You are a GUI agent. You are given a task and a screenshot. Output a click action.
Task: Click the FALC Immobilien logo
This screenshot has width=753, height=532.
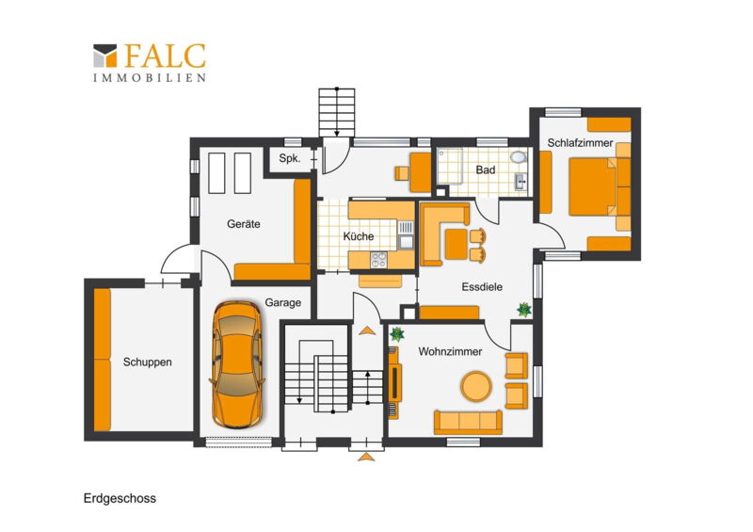point(150,62)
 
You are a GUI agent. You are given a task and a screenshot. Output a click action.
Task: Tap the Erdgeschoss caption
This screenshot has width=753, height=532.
point(120,498)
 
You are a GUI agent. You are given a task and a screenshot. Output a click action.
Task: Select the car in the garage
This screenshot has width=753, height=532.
point(237,364)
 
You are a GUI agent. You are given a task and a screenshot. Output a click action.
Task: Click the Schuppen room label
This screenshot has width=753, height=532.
point(148,362)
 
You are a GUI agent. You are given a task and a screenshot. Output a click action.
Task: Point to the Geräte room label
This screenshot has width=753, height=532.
point(244,223)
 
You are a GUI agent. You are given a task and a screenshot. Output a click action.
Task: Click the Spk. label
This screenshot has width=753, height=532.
point(290,158)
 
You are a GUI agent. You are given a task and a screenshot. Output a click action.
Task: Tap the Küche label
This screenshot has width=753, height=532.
point(359,236)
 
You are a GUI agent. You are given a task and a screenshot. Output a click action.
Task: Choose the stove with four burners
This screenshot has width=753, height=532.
point(378,260)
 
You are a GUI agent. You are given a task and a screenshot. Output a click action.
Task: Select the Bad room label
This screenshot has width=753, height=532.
point(486,169)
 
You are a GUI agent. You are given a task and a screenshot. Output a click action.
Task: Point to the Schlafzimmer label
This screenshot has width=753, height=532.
point(580,143)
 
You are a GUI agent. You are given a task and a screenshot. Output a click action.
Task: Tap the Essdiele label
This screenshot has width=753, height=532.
point(482,287)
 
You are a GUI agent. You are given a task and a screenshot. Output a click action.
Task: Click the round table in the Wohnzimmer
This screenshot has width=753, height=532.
point(476,386)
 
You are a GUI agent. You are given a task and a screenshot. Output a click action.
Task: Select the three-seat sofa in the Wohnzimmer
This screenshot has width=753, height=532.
point(468,422)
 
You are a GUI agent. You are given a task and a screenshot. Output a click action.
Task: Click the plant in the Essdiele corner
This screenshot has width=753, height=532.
point(524,310)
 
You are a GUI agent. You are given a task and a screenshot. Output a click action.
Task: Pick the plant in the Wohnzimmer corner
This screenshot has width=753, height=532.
point(397,333)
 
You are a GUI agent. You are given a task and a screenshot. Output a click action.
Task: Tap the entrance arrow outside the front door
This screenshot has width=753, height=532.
point(366,457)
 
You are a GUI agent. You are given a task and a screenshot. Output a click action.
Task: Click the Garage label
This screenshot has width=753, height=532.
point(283,303)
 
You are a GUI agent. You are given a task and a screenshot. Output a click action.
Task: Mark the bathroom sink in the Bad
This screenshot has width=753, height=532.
point(521,181)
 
